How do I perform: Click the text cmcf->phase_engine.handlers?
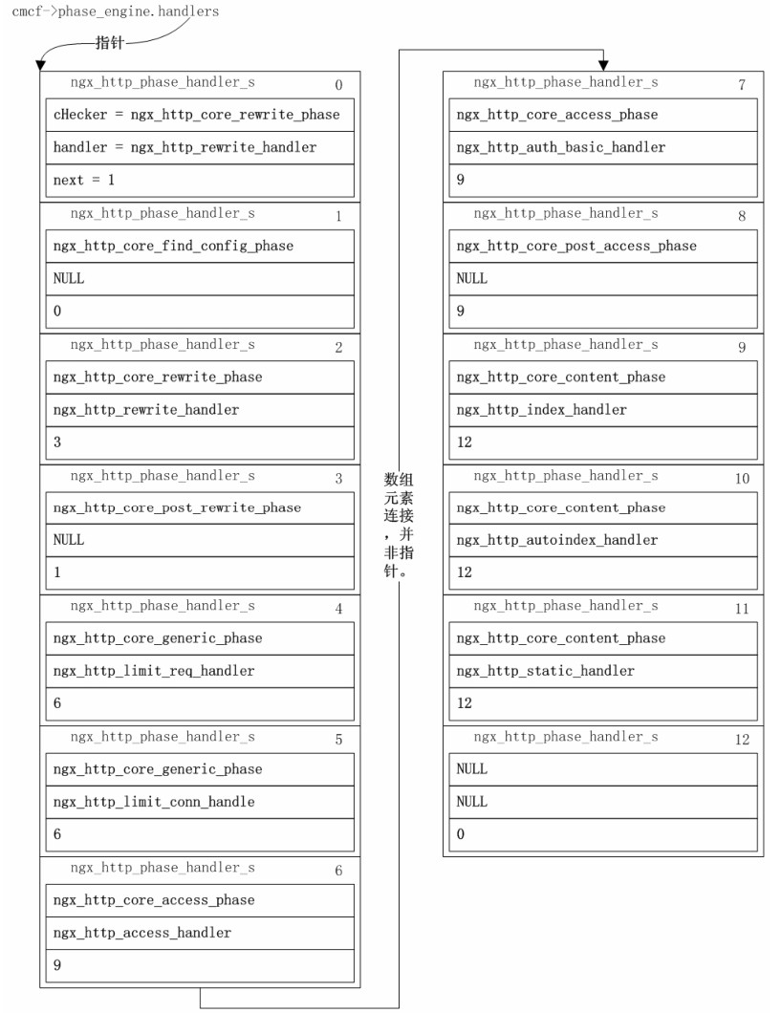(115, 12)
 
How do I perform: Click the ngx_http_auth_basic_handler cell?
(603, 147)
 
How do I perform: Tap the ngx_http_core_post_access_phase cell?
(603, 246)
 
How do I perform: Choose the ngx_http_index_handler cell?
(603, 409)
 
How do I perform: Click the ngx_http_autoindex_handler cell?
(603, 540)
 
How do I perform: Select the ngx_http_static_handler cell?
(603, 671)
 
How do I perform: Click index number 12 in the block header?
(742, 740)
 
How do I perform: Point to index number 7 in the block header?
(742, 85)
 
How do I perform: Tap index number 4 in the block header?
(338, 609)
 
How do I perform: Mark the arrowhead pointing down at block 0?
(40, 66)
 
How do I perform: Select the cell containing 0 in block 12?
(603, 834)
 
